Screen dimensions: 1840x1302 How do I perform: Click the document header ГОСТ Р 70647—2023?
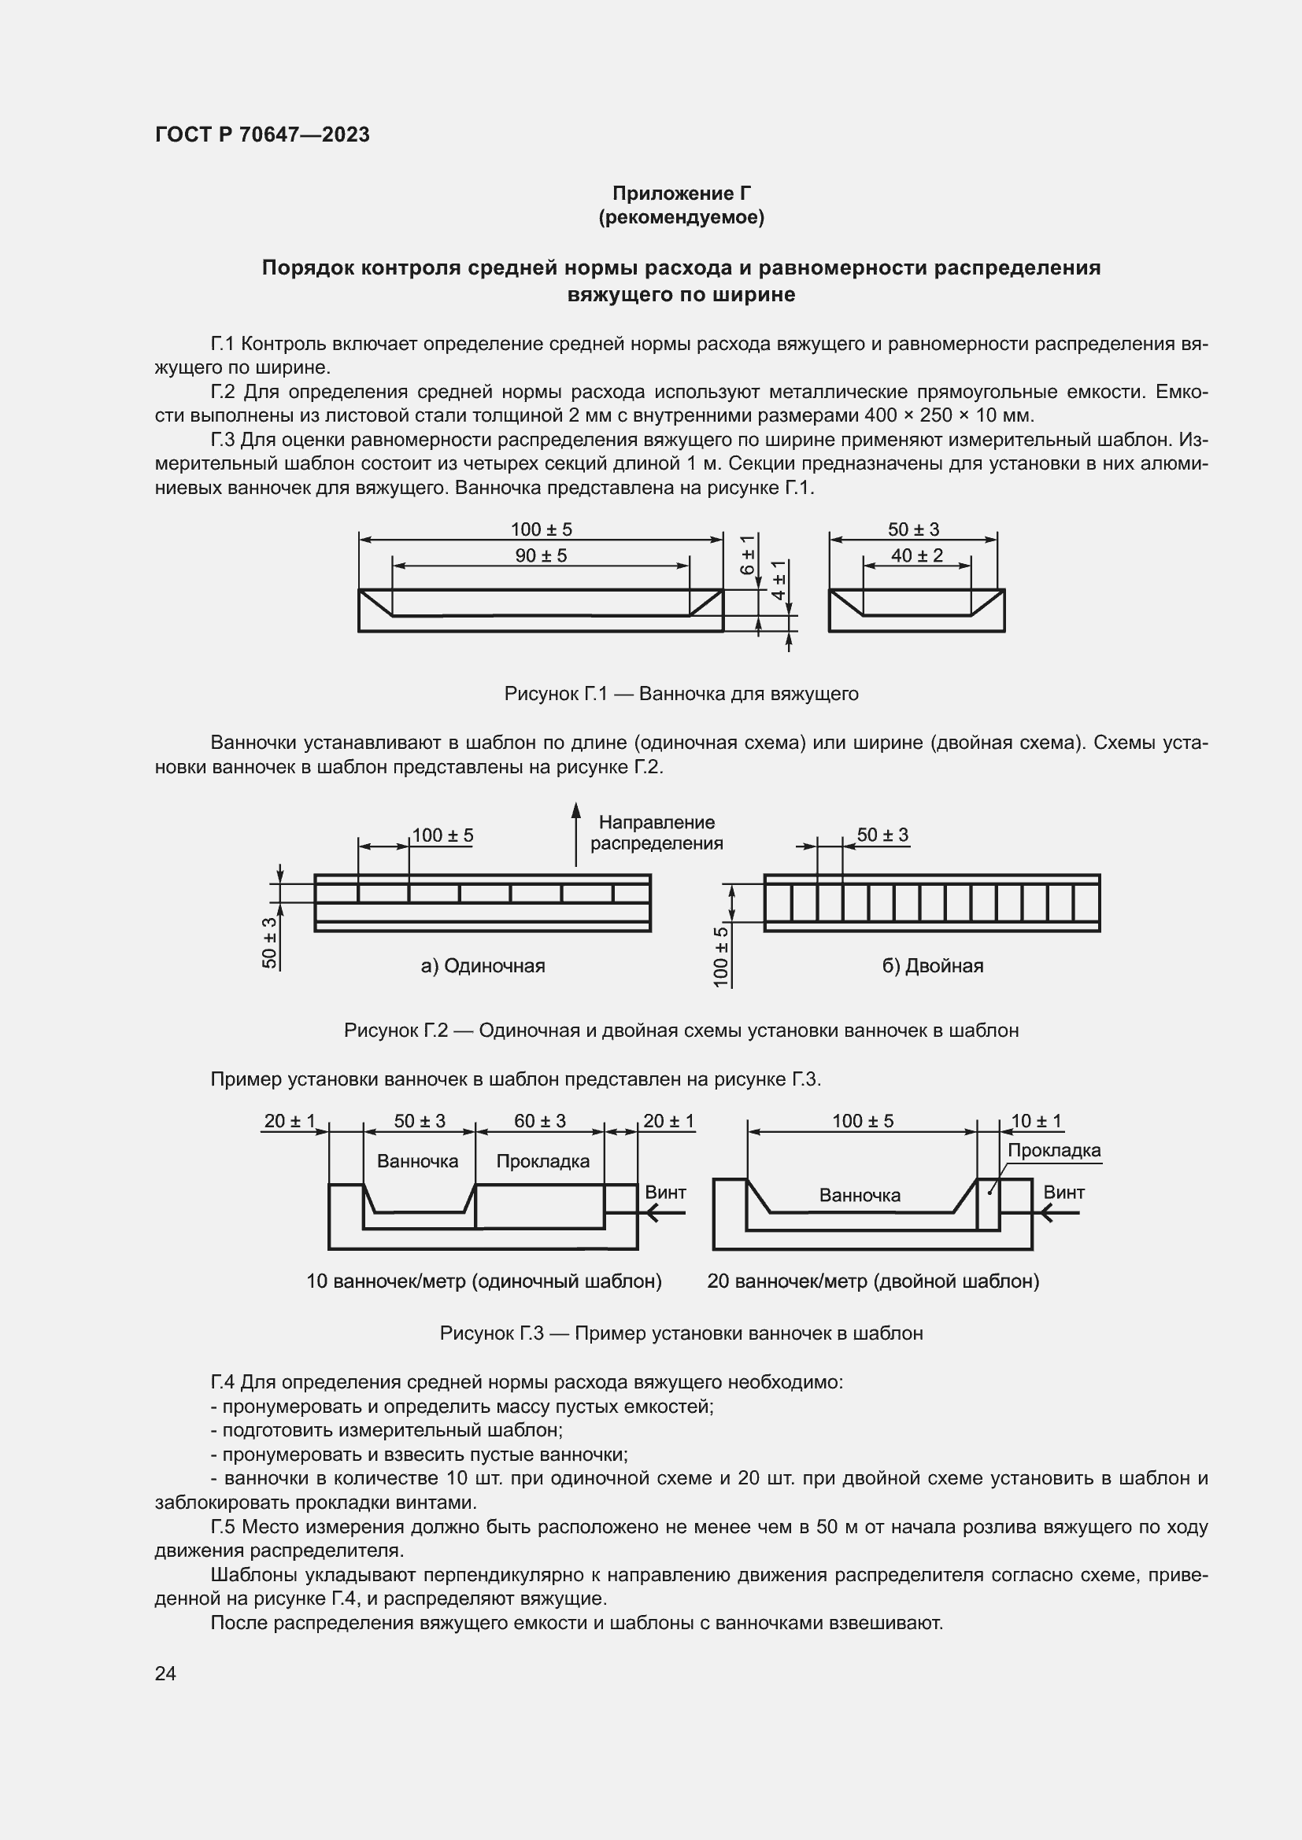point(262,135)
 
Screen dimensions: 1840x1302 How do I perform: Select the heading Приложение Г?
point(681,194)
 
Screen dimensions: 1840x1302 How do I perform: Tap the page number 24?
point(165,1672)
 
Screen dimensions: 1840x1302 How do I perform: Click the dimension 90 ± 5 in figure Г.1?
point(540,555)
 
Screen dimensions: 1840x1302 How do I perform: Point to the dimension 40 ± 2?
point(916,555)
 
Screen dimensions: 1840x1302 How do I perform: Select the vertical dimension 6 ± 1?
point(747,554)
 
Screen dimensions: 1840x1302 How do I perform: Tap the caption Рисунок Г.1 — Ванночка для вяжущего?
point(681,693)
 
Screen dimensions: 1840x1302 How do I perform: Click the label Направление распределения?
point(656,832)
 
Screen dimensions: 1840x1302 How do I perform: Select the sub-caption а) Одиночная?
point(483,966)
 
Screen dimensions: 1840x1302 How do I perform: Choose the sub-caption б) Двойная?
point(932,966)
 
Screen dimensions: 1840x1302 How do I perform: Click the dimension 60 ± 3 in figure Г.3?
point(539,1121)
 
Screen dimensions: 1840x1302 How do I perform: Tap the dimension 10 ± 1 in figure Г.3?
point(1036,1121)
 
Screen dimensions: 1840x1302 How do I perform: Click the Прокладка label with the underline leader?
point(1053,1151)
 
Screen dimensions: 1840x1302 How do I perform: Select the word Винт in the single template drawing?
point(665,1193)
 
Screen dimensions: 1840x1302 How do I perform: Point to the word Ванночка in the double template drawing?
point(860,1196)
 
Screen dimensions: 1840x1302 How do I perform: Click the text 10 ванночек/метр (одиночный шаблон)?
point(483,1281)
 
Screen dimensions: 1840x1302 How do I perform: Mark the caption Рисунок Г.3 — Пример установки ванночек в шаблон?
point(681,1333)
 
